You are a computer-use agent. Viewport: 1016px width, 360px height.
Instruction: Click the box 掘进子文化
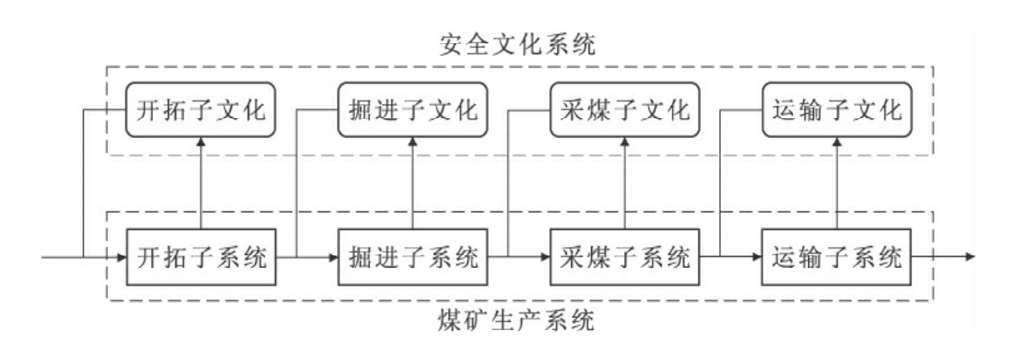point(412,110)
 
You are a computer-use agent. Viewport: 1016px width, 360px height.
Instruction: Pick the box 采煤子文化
point(623,110)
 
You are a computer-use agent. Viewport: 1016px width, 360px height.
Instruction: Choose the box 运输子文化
point(834,110)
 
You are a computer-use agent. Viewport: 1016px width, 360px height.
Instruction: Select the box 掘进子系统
point(412,256)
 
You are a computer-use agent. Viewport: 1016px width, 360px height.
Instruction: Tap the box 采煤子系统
point(623,256)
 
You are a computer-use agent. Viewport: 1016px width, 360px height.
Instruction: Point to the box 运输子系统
point(834,256)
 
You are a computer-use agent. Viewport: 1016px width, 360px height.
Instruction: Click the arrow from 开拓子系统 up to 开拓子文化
point(200,183)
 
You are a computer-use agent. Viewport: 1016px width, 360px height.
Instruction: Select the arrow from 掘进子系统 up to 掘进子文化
point(412,183)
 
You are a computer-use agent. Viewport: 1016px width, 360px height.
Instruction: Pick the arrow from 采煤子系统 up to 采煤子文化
point(624,183)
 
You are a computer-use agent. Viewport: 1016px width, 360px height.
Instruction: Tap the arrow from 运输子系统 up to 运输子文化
point(835,183)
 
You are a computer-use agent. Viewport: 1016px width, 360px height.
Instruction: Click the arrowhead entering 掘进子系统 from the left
point(333,256)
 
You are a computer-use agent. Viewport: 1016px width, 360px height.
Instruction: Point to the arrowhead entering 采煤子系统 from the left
point(545,256)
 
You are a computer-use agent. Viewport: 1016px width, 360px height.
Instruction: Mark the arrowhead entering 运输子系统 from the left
point(756,256)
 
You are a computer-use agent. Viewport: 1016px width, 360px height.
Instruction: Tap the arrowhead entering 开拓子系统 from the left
point(121,256)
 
